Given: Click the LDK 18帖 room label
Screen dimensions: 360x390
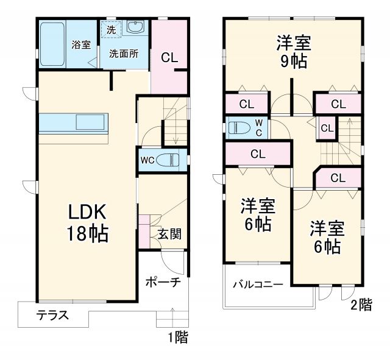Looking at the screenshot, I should (88, 222).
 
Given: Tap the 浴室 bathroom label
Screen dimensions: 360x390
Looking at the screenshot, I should (80, 44).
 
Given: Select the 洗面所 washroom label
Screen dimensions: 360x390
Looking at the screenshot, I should (124, 53).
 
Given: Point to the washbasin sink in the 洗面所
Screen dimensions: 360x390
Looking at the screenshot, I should (135, 27).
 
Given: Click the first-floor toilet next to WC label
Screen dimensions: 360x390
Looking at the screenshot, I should (169, 161).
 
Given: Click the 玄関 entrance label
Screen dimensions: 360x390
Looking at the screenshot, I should (169, 234).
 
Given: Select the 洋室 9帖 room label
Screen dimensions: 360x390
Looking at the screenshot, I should (293, 52).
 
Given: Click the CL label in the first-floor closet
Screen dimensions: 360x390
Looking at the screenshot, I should (169, 58).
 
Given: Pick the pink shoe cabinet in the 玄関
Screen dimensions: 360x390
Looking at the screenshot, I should (144, 231).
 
